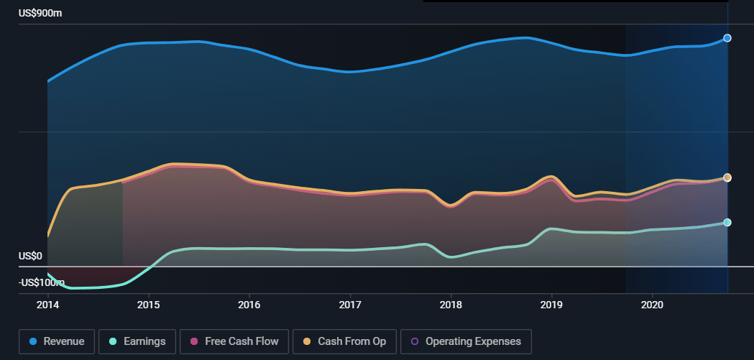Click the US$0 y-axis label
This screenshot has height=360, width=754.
pyautogui.click(x=30, y=257)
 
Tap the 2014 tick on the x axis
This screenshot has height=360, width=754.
pyautogui.click(x=47, y=305)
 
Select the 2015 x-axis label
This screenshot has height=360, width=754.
pyautogui.click(x=149, y=305)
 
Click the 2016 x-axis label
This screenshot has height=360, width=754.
pyautogui.click(x=249, y=305)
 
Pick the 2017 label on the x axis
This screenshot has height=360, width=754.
pyautogui.click(x=350, y=305)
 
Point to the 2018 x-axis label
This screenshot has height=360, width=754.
pyautogui.click(x=451, y=305)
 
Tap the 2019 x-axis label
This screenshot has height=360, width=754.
pyautogui.click(x=551, y=305)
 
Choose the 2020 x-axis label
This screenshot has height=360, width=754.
pyautogui.click(x=652, y=305)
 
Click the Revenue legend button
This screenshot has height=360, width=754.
pyautogui.click(x=56, y=341)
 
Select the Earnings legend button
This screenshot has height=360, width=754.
pyautogui.click(x=136, y=341)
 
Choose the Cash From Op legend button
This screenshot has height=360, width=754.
pyautogui.click(x=344, y=341)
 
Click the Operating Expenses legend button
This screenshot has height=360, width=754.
pyautogui.click(x=466, y=341)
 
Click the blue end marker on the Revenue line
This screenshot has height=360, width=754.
pyautogui.click(x=727, y=38)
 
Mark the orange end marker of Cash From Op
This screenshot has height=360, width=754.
pyautogui.click(x=727, y=177)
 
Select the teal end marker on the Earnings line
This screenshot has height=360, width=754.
pyautogui.click(x=727, y=223)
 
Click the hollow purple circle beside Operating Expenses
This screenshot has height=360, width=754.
pyautogui.click(x=415, y=341)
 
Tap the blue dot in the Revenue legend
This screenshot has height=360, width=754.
pyautogui.click(x=33, y=341)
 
